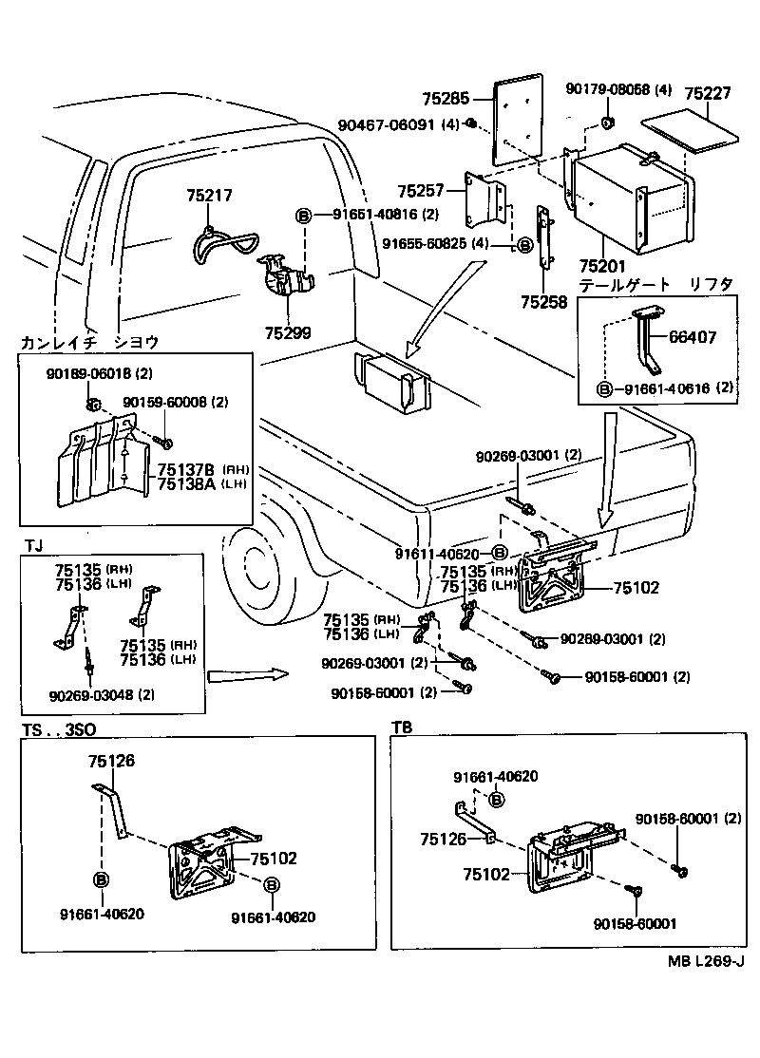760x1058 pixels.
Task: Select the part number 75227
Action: click(x=711, y=92)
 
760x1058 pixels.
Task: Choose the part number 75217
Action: click(x=209, y=196)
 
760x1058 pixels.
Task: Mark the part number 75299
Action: click(x=288, y=333)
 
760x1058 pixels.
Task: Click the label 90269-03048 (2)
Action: click(x=102, y=694)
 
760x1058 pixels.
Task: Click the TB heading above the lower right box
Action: click(x=402, y=727)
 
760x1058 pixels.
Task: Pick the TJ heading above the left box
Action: click(x=32, y=544)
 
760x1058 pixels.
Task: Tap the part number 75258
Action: click(x=543, y=302)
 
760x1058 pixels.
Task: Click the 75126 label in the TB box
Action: click(x=444, y=840)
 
